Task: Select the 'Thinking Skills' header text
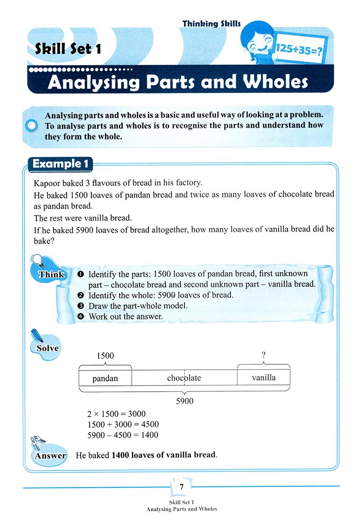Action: tap(211, 23)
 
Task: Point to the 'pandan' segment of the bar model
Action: tap(105, 378)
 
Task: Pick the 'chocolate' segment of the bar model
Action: tap(184, 378)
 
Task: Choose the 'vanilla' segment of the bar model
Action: tap(264, 377)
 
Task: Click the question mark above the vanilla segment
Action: tap(264, 356)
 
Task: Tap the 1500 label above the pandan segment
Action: tap(105, 356)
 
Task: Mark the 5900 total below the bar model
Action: tap(184, 401)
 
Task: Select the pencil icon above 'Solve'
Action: tap(36, 335)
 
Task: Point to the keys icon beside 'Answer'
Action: tap(36, 443)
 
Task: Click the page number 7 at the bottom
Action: tap(181, 487)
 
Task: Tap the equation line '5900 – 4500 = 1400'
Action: tap(122, 435)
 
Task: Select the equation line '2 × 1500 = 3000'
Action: tap(116, 414)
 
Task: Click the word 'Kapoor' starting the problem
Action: tap(47, 183)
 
